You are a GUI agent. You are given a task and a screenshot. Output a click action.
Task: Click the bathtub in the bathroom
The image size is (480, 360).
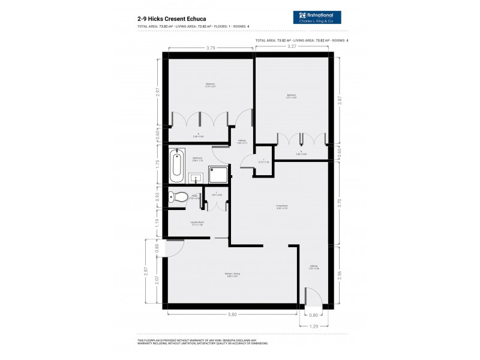coord(176,166)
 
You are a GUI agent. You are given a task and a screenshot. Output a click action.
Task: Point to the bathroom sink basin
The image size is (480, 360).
coord(195,177)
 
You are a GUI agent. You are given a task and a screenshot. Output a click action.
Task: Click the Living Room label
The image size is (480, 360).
coord(283,206)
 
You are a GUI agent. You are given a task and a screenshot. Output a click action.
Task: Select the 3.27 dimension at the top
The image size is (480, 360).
coord(292,47)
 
